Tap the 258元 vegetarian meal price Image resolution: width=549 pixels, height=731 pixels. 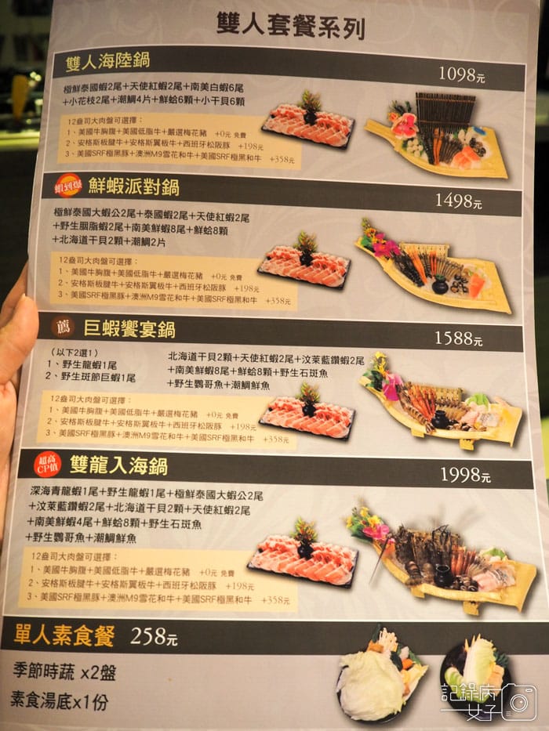point(154,636)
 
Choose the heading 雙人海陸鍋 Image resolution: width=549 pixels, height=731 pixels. point(108,60)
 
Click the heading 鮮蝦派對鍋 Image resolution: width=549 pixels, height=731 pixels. point(133,186)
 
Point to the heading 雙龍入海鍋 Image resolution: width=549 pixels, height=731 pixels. point(118,466)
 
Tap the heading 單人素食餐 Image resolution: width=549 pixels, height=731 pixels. point(63,635)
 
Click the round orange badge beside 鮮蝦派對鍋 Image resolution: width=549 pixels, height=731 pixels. point(68,186)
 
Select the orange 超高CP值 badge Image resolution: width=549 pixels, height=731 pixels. point(48,465)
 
